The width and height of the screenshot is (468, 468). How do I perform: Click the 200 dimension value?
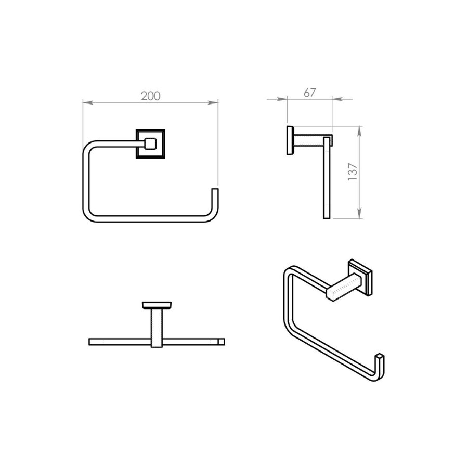coord(151,96)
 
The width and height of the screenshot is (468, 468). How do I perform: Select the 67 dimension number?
coord(309,93)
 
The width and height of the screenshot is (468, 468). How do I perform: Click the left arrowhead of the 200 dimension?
coord(86,102)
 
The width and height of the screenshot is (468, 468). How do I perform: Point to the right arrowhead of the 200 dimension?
coord(214,102)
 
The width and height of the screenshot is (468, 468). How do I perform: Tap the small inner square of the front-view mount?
coord(150,143)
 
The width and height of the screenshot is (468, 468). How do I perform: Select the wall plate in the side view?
coord(289,140)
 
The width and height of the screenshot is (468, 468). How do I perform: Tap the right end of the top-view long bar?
coord(222,342)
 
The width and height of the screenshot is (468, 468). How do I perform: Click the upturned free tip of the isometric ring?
coord(381,358)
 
